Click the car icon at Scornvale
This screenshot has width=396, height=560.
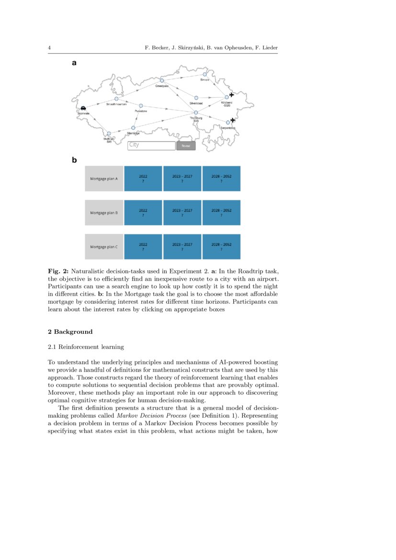click(x=84, y=108)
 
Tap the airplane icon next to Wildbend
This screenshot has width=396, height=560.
click(x=232, y=95)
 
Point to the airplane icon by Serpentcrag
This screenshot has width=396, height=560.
click(x=233, y=120)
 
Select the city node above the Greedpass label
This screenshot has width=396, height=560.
click(x=162, y=80)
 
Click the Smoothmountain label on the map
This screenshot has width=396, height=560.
click(x=116, y=104)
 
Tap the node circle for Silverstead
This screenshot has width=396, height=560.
click(x=196, y=98)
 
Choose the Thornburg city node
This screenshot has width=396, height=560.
click(x=196, y=113)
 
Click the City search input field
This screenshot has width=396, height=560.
click(x=151, y=146)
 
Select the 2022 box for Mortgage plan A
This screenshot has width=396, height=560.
click(x=143, y=179)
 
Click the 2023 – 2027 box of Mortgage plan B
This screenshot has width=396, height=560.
click(x=182, y=213)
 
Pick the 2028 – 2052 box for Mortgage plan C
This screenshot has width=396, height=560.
click(x=221, y=247)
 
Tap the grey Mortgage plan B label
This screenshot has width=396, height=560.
click(x=104, y=213)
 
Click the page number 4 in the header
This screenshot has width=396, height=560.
click(x=49, y=48)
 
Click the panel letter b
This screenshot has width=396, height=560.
click(x=74, y=160)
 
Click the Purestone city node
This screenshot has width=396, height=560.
click(x=141, y=105)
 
